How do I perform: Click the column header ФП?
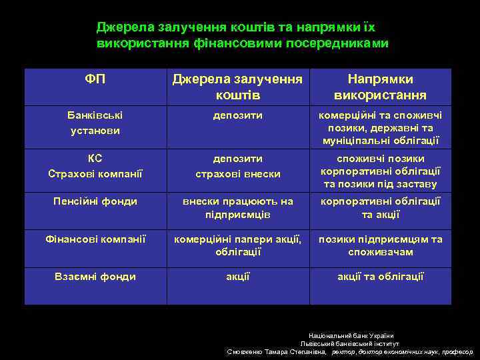click(95, 79)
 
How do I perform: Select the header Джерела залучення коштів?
click(237, 87)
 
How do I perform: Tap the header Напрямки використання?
click(380, 87)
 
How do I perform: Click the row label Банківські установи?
click(95, 123)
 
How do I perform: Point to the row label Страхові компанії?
click(95, 174)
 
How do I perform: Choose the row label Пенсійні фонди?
click(95, 201)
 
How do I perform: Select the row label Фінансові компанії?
click(95, 239)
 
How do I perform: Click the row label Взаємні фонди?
click(95, 277)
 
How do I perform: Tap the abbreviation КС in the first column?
click(95, 159)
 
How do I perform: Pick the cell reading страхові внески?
click(237, 174)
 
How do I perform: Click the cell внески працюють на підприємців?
click(237, 208)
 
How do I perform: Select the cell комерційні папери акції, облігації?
click(237, 245)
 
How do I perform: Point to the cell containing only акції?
click(237, 277)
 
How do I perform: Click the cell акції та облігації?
click(380, 277)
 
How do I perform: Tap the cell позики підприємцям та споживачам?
click(380, 245)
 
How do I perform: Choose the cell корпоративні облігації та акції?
click(380, 208)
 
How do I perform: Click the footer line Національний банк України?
click(351, 335)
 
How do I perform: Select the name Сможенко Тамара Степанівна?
click(277, 351)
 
